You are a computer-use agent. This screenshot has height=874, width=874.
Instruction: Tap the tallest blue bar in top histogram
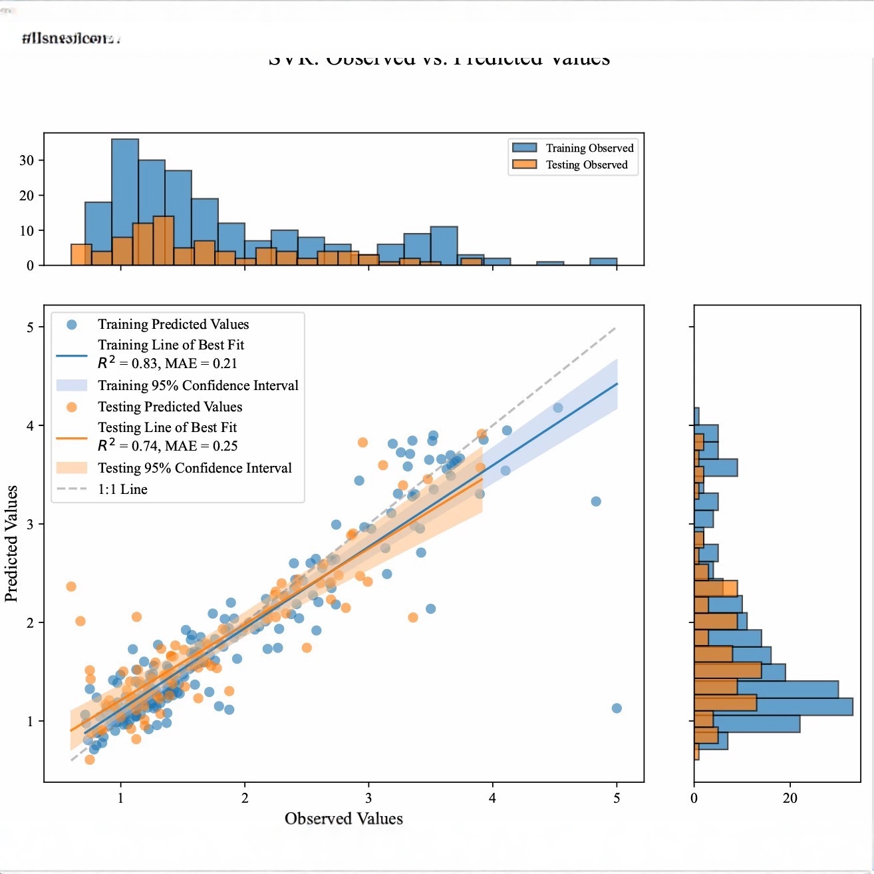click(125, 200)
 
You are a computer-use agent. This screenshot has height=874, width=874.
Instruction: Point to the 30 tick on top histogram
click(27, 160)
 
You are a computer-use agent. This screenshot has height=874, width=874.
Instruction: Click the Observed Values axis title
click(343, 818)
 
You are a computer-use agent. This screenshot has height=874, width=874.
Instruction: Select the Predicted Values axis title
click(11, 543)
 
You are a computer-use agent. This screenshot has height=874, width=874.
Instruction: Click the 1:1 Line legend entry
click(122, 489)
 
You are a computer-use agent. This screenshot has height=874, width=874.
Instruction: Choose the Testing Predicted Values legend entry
click(170, 407)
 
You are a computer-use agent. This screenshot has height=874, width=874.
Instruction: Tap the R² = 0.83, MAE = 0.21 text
click(168, 363)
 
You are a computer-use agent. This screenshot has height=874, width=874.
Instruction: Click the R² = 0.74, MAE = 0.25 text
click(168, 446)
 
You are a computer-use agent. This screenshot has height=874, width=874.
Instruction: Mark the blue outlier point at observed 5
click(617, 708)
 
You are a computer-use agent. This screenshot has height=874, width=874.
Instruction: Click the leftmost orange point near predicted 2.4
click(71, 586)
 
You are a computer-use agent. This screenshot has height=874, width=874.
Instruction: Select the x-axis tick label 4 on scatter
click(492, 798)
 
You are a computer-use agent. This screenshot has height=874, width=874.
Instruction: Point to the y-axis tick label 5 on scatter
click(30, 327)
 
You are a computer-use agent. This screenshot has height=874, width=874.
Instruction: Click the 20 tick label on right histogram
click(790, 798)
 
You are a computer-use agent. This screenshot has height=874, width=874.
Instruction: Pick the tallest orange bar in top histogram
click(163, 240)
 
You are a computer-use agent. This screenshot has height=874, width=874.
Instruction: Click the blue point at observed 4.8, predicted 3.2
click(596, 501)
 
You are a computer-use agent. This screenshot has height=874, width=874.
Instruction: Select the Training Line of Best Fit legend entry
click(170, 345)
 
